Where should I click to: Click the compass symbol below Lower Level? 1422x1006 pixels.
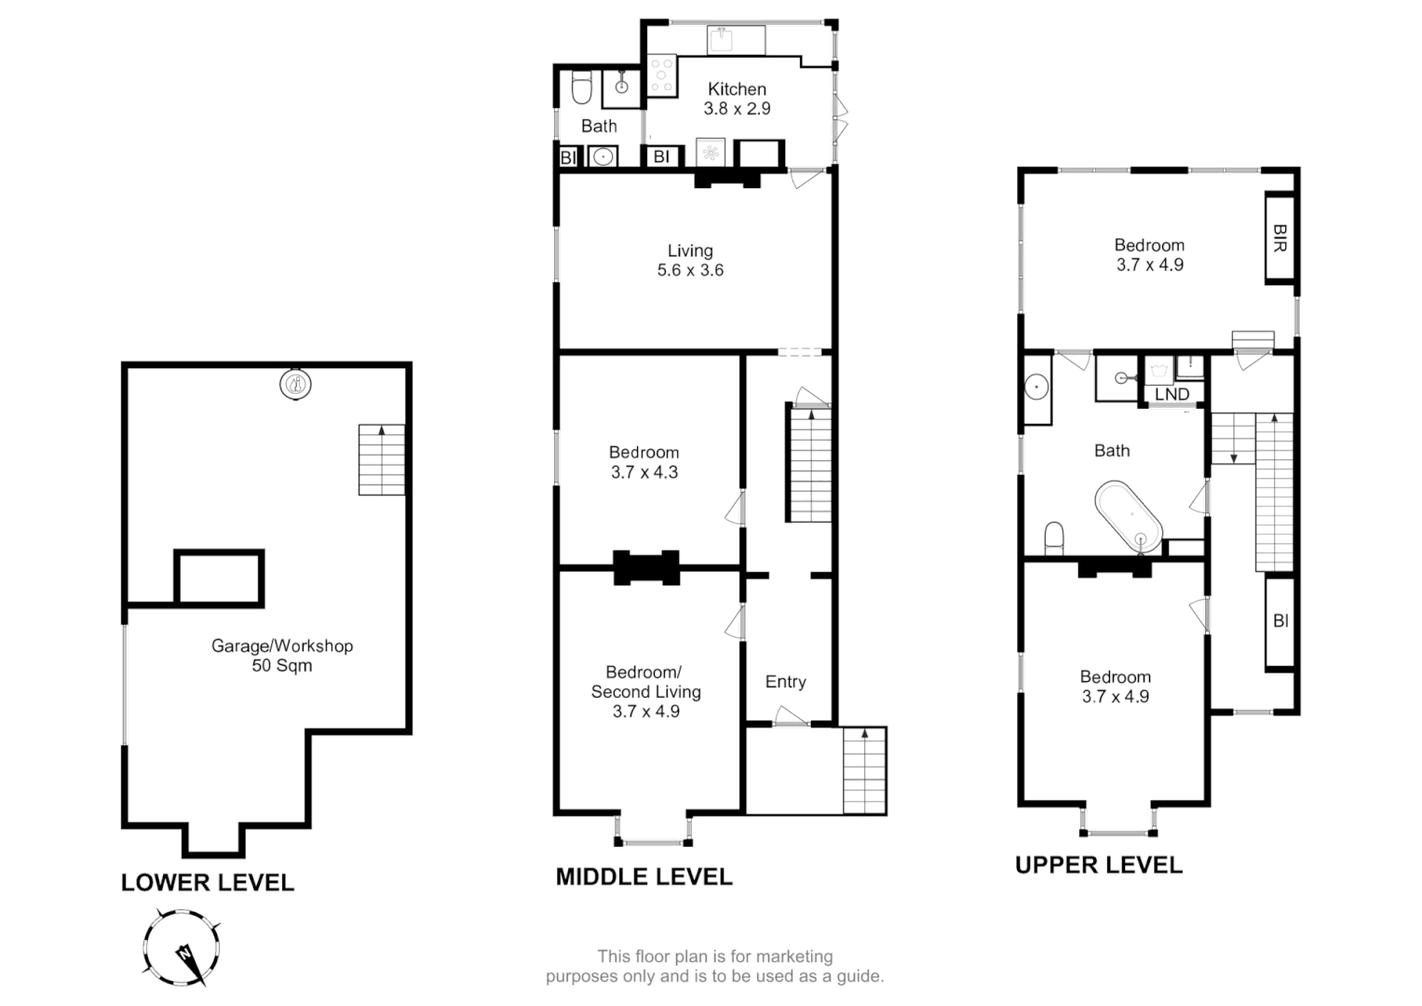coord(183,948)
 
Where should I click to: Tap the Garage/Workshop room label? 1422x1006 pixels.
coord(282,655)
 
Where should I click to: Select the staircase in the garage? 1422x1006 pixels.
coord(382,460)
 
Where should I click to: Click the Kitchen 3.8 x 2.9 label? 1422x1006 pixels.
coord(737,99)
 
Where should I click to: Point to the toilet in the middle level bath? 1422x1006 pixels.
coord(581,90)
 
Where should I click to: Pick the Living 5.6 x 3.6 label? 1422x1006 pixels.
coord(690,261)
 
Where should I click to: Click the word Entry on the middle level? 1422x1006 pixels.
coord(785,682)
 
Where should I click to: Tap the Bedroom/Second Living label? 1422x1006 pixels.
coord(645,691)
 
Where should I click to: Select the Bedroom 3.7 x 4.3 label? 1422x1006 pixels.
coord(644,462)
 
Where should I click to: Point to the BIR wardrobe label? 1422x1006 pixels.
coord(1280,238)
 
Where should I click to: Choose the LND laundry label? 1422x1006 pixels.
coord(1171,394)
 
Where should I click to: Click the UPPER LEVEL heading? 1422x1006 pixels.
coord(1099,865)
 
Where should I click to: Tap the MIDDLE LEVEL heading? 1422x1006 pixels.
coord(644,877)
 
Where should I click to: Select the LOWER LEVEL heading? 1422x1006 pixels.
coord(208,883)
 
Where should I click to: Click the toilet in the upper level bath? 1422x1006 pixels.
coord(1054,538)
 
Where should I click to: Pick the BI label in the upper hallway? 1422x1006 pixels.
coord(1280,620)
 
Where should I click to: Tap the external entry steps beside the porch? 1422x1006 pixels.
coord(865,770)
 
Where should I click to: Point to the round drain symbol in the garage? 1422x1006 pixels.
coord(295,383)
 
